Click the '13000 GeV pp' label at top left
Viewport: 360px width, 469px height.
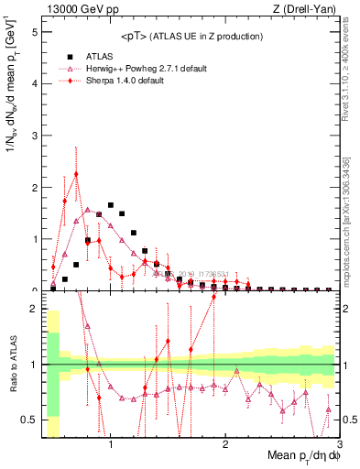click(x=75, y=9)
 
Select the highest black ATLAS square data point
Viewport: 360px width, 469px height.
click(x=111, y=205)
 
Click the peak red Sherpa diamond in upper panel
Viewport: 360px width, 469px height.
click(x=76, y=174)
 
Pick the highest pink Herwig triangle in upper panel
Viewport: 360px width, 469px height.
click(x=88, y=210)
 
